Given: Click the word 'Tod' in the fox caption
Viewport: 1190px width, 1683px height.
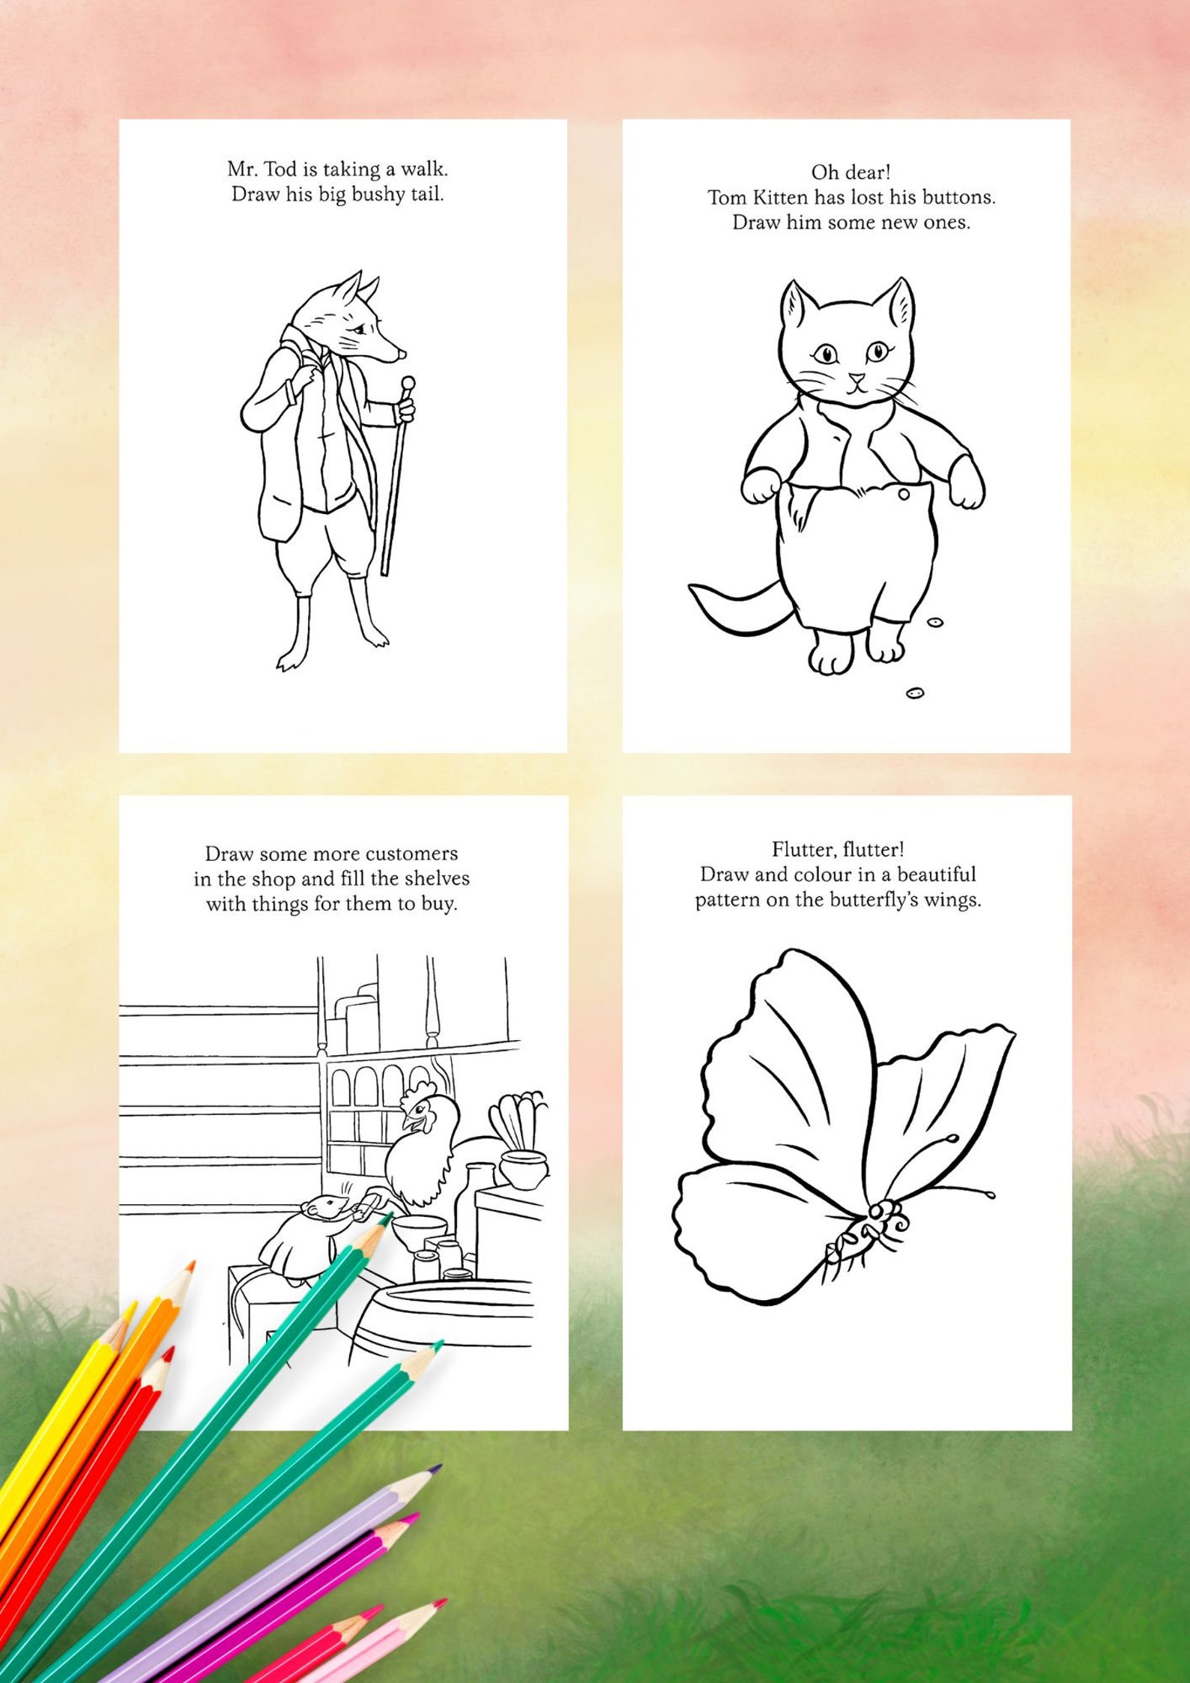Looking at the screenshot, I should point(281,169).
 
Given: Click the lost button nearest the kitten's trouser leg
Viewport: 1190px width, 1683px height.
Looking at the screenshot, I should point(934,622).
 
